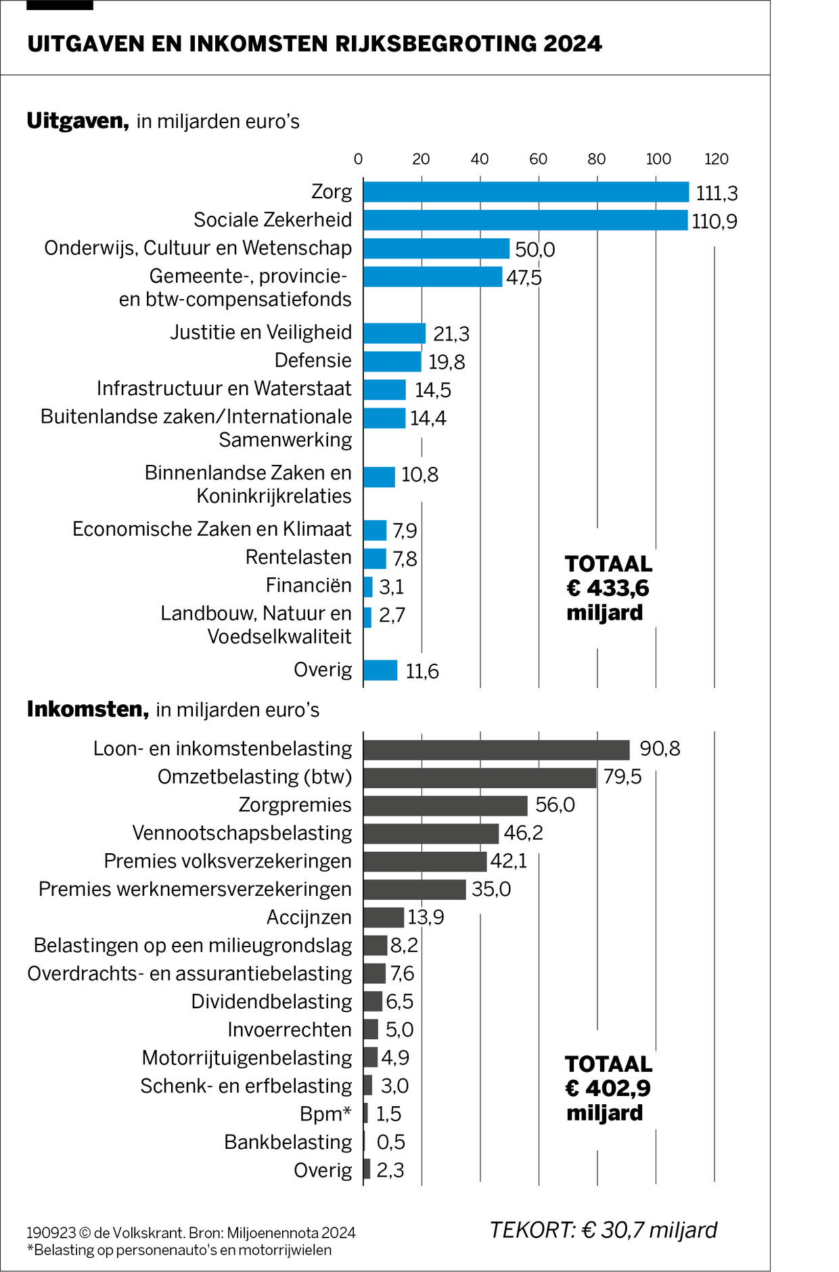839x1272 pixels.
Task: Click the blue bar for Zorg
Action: (x=526, y=192)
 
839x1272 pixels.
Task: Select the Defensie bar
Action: (x=392, y=361)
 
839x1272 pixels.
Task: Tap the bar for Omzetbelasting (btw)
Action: (x=480, y=777)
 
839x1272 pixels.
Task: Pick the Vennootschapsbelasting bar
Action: (x=431, y=834)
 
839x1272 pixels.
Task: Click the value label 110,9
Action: (x=715, y=221)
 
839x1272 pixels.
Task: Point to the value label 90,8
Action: (x=660, y=749)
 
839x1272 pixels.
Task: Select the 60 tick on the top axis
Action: (x=538, y=159)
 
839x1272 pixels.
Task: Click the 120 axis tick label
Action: (x=716, y=159)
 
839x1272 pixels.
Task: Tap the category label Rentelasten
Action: (x=298, y=558)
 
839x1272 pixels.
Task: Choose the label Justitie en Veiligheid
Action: (x=260, y=332)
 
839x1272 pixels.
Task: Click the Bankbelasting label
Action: (x=288, y=1142)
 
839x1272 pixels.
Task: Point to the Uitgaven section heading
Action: (x=78, y=121)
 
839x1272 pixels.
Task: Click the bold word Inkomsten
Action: (x=87, y=709)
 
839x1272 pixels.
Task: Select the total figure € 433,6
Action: (x=608, y=588)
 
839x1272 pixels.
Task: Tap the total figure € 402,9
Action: (x=608, y=1088)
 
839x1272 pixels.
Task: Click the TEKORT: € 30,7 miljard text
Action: (x=603, y=1229)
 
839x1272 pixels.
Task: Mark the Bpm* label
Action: (x=325, y=1114)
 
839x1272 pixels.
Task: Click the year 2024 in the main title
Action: (x=572, y=44)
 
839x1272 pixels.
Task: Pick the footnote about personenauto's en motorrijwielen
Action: (x=179, y=1250)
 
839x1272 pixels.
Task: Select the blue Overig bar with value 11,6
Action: (x=380, y=670)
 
